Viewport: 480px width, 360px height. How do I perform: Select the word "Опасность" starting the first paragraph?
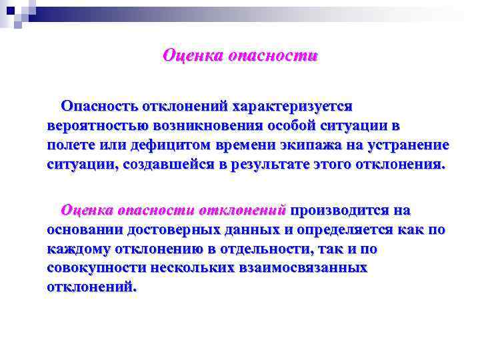pos(99,106)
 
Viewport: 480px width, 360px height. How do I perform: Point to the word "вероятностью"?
pos(89,125)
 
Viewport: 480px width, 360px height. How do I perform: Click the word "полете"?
pos(70,145)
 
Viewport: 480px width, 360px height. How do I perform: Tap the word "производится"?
pos(340,210)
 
